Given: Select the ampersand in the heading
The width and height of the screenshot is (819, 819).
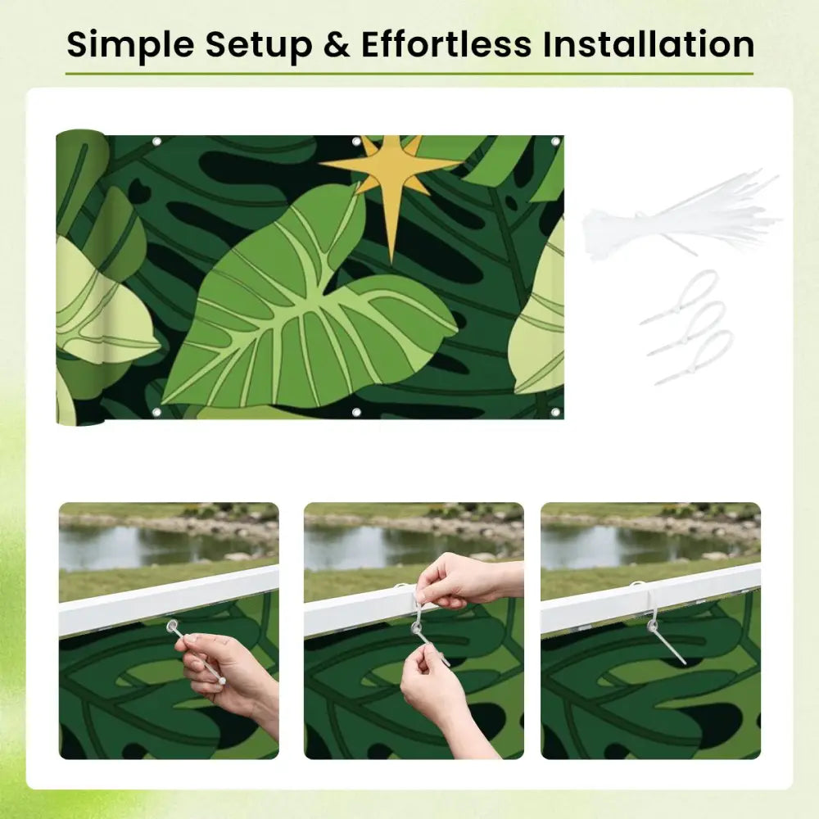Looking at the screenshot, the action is click(337, 44).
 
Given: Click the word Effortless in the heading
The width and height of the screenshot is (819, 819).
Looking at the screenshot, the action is click(446, 44).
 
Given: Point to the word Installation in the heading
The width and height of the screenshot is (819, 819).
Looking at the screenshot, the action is click(649, 44).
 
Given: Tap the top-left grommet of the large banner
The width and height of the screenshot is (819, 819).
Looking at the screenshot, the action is click(156, 142).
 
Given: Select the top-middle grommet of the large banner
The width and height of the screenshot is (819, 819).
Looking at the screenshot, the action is click(357, 142).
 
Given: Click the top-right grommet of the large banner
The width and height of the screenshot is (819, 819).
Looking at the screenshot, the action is click(555, 142).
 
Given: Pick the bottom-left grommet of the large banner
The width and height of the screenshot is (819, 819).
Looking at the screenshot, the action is click(156, 413).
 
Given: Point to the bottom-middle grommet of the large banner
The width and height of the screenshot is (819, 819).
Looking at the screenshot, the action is click(357, 413).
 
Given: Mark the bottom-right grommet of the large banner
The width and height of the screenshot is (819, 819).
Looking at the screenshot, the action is click(555, 413).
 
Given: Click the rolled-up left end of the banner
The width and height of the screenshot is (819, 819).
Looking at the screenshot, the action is click(79, 277).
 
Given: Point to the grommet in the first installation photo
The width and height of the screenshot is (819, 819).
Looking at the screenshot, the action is click(172, 625).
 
